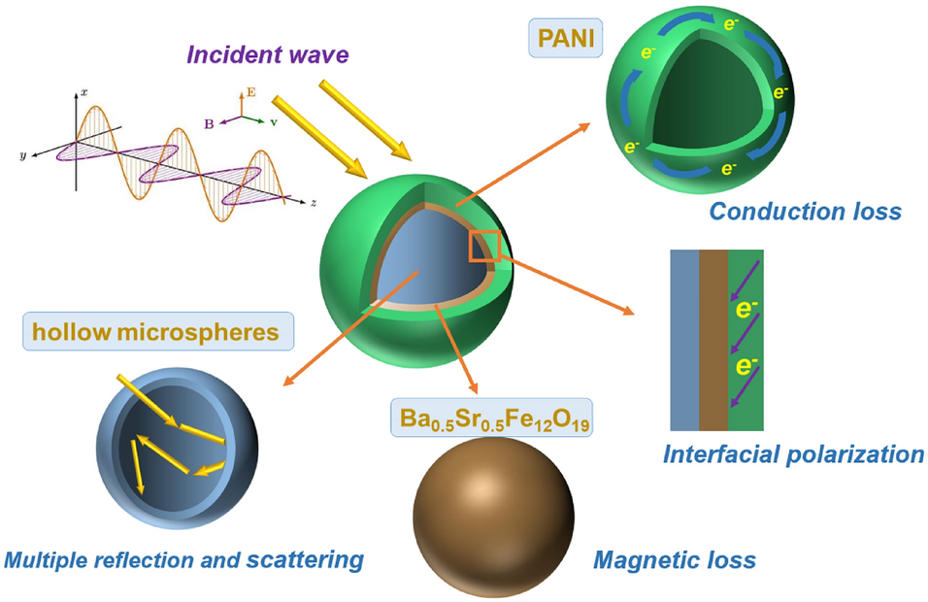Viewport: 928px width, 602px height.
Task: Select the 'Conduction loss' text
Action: [x=805, y=211]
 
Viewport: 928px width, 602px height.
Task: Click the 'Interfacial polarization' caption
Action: [x=792, y=453]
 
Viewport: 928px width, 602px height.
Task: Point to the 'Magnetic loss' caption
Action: [x=674, y=559]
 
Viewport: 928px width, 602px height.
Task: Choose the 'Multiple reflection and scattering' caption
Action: [x=184, y=559]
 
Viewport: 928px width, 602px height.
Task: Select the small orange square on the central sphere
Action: [x=483, y=245]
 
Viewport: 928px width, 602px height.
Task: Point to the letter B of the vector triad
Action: [x=209, y=124]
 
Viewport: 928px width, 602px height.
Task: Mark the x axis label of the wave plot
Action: [x=84, y=91]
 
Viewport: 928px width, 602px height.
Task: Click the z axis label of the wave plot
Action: [x=314, y=203]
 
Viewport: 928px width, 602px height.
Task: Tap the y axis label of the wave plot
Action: [x=21, y=154]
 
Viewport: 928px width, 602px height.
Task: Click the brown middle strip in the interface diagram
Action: [x=713, y=340]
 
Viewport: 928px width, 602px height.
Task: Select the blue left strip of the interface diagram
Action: [x=684, y=340]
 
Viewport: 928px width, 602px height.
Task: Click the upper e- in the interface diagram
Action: [x=746, y=311]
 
